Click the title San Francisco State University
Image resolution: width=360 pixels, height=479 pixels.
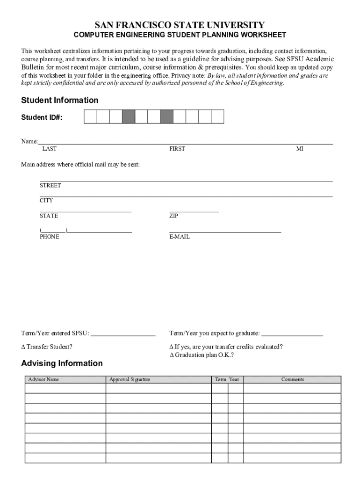point(180,25)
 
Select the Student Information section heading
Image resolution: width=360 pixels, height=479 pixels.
point(60,100)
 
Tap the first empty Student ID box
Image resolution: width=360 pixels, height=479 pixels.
point(90,116)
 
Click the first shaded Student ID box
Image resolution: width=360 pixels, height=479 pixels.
point(129,116)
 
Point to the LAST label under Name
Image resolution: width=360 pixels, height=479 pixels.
point(49,149)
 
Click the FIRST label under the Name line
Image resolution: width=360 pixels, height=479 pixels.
point(177,149)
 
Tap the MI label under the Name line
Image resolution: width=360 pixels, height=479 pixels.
point(300,149)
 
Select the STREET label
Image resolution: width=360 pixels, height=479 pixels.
point(50,186)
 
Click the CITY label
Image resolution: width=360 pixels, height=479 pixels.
point(46,201)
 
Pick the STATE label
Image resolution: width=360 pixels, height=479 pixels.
point(49,216)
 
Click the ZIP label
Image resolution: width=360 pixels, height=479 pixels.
point(173,216)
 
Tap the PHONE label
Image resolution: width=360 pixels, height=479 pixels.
point(50,237)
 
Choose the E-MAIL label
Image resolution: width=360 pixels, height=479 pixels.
point(180,237)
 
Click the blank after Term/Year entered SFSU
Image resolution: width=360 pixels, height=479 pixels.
point(123,334)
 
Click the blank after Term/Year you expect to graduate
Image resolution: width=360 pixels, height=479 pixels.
point(292,334)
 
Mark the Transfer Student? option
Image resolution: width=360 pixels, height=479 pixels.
point(23,347)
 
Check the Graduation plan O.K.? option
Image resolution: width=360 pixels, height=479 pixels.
point(172,355)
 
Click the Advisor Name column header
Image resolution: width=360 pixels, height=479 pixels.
point(43,379)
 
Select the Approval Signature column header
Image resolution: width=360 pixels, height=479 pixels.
point(130,379)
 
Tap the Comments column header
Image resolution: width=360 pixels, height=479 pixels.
point(293,379)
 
